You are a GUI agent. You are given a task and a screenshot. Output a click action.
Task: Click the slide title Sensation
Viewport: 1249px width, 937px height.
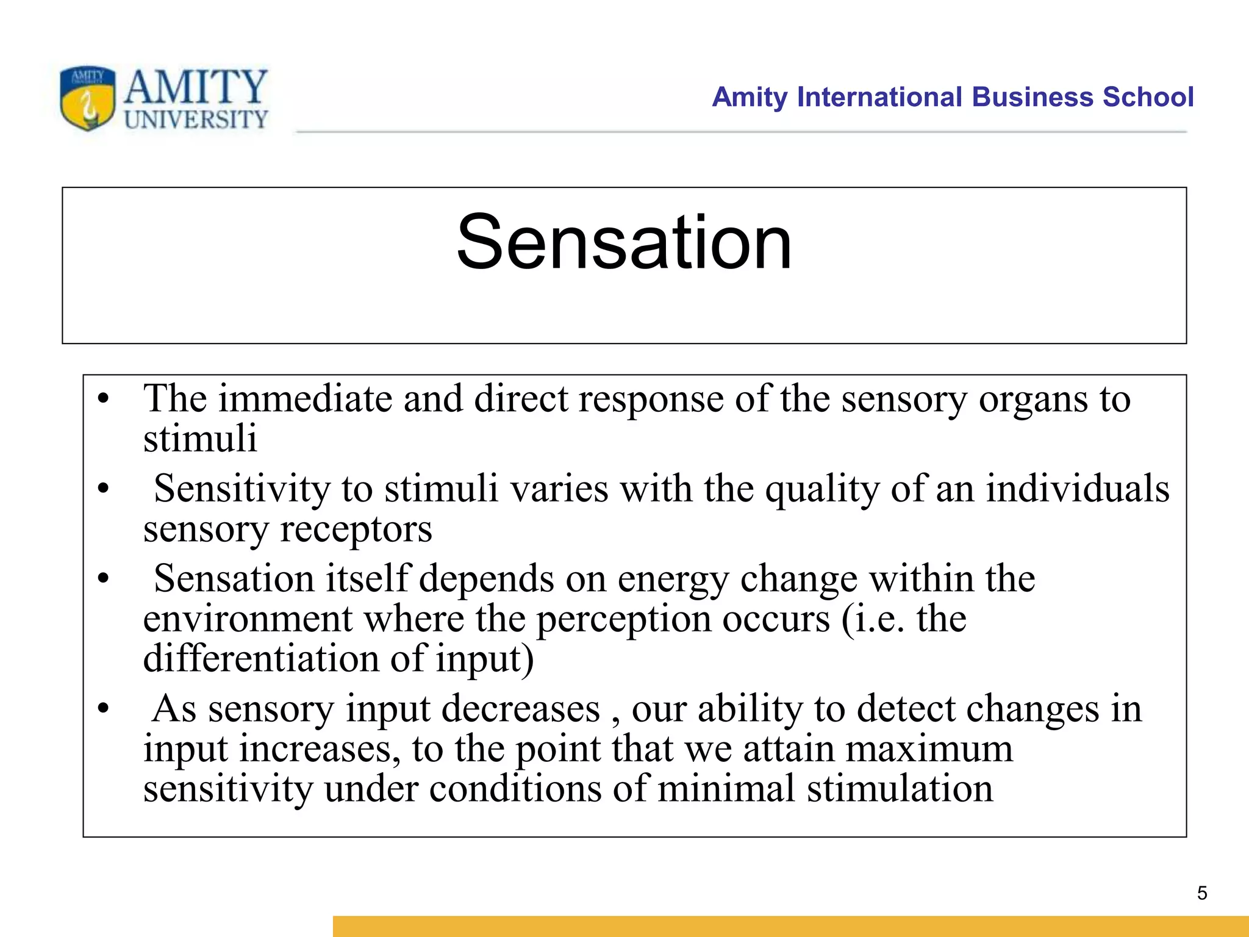click(x=624, y=243)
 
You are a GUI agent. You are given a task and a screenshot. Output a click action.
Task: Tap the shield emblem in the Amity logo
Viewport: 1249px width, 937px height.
click(x=87, y=98)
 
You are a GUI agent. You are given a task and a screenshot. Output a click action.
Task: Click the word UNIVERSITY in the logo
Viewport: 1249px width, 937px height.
click(x=196, y=120)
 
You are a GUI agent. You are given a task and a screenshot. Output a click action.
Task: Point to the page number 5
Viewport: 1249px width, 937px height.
click(x=1202, y=893)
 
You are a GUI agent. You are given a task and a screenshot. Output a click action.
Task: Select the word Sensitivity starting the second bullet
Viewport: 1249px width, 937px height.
click(x=242, y=489)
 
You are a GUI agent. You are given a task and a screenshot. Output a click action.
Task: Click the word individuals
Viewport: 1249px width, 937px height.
click(x=1078, y=489)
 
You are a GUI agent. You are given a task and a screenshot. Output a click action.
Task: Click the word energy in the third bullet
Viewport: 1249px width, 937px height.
click(x=673, y=578)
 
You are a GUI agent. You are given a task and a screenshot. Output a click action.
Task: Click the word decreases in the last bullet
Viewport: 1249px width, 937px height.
click(x=521, y=709)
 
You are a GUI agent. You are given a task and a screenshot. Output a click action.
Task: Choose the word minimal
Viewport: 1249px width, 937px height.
click(x=726, y=788)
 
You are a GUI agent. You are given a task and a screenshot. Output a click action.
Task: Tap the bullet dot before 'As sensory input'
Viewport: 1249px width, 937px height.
click(x=103, y=709)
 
